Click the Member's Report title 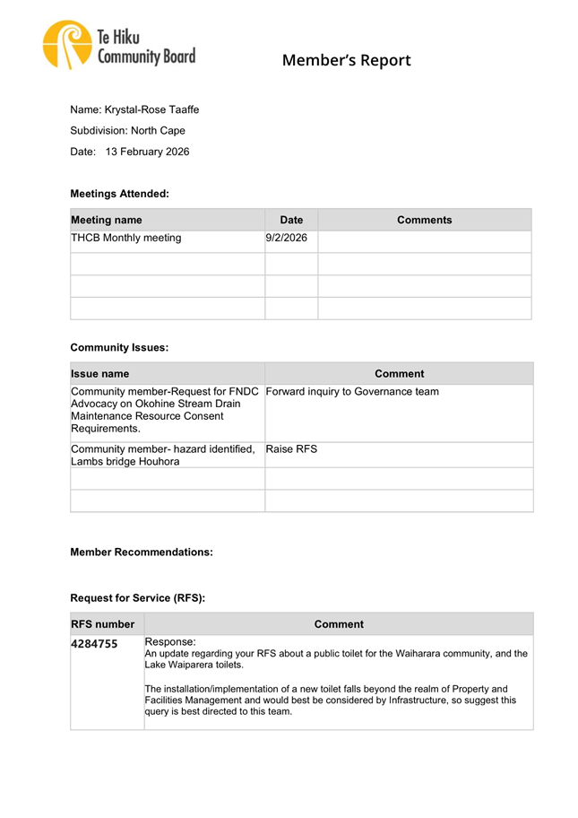346,61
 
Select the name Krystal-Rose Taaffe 151,109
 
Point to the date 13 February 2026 147,152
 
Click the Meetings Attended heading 119,193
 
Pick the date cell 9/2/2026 287,239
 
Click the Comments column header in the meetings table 424,220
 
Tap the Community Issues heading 119,346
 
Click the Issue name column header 99,374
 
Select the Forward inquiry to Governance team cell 352,391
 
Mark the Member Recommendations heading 142,553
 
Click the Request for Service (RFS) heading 137,597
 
